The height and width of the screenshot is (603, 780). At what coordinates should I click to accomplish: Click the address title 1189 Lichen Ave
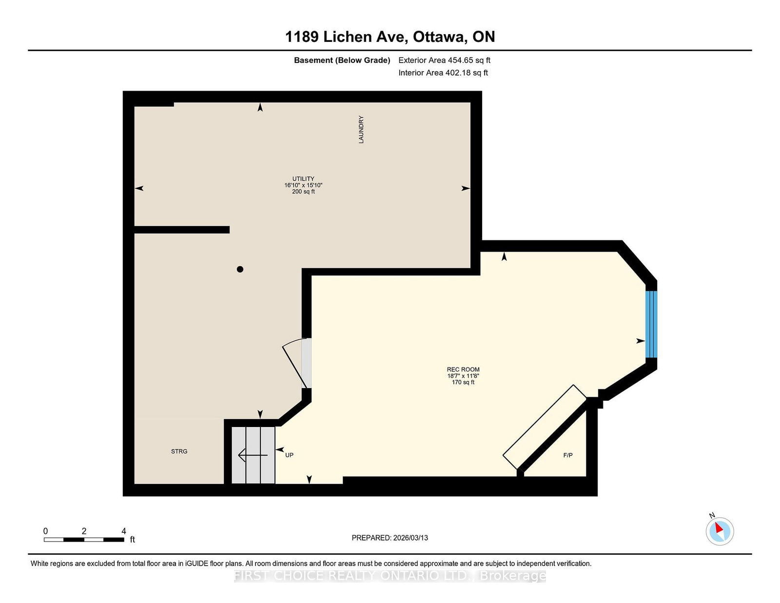pos(390,37)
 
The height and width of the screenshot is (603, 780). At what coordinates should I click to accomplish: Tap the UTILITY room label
pos(303,178)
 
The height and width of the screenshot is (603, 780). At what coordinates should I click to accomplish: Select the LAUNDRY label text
pos(361,129)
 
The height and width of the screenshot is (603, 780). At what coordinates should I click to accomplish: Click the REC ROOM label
pos(463,370)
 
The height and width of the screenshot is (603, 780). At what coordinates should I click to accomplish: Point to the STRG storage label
pos(179,451)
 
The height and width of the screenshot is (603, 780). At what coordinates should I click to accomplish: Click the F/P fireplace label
pos(568,455)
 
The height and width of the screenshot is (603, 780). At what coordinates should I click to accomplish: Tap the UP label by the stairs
pos(289,455)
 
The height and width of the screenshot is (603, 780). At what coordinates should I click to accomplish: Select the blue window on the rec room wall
pos(651,324)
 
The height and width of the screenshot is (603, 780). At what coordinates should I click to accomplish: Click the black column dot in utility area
pos(240,269)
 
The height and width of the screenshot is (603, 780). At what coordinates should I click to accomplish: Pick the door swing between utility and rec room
pos(296,363)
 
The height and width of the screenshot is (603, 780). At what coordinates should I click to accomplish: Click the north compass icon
pos(720,531)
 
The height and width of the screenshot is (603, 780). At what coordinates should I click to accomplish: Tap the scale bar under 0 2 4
pos(84,540)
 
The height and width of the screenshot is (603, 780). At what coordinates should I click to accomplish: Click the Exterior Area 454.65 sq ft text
pos(444,60)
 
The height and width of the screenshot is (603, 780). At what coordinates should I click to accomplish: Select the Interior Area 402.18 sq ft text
pos(443,73)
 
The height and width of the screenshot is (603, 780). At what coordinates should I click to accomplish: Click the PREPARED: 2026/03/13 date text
pos(390,538)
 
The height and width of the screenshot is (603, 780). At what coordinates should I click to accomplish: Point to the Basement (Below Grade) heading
pos(342,60)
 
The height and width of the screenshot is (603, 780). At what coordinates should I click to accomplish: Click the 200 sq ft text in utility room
pos(303,192)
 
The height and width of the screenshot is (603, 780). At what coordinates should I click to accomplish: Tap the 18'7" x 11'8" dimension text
pos(463,376)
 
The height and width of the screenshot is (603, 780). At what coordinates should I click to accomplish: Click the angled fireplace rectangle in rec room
pos(545,427)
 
